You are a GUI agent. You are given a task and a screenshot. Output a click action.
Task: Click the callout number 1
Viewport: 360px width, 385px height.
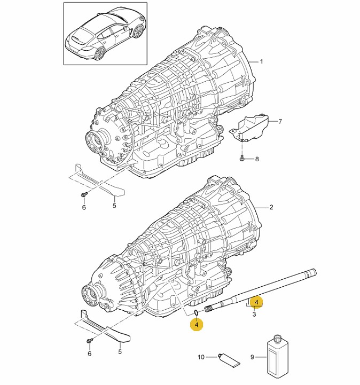261,61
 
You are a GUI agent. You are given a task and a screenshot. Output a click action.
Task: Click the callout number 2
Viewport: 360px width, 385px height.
271,207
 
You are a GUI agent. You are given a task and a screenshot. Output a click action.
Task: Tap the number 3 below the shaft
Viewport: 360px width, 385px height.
254,314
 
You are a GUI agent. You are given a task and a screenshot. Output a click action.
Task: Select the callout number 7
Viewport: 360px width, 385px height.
280,121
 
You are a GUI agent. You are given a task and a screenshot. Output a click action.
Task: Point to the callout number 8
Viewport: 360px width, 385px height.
257,159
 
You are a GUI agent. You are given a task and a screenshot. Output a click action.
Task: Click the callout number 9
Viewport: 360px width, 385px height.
252,357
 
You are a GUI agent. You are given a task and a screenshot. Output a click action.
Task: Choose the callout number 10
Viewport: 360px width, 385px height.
201,357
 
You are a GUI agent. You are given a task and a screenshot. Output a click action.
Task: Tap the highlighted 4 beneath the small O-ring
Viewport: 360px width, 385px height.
197,324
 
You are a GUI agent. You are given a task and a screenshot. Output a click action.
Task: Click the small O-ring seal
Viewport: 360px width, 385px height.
197,312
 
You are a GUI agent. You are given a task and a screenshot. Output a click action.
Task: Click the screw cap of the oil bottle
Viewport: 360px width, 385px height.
277,339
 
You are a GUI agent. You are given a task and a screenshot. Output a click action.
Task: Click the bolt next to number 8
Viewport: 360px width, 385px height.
242,159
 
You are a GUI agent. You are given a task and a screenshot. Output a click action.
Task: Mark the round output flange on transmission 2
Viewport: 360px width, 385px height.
91,294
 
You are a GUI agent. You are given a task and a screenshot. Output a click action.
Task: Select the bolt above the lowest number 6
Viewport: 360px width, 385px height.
90,341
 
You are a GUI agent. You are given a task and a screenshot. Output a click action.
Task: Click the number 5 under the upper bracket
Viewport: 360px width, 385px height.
114,205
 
